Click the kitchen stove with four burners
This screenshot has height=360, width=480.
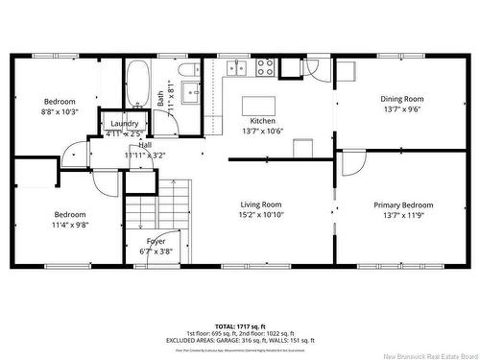coord(264,67)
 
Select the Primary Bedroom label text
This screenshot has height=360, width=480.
coord(403,204)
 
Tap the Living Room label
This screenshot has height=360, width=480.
coord(260,204)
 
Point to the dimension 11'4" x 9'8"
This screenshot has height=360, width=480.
coord(70,225)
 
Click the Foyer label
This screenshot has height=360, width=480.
coord(156,241)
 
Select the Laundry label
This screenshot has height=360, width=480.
coord(125,124)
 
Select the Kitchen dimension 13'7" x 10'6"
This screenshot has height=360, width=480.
coord(263,132)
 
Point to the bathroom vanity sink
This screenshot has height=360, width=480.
coord(190,93)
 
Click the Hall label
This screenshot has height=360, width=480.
coord(144,144)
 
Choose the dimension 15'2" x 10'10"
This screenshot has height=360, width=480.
coord(260,215)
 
